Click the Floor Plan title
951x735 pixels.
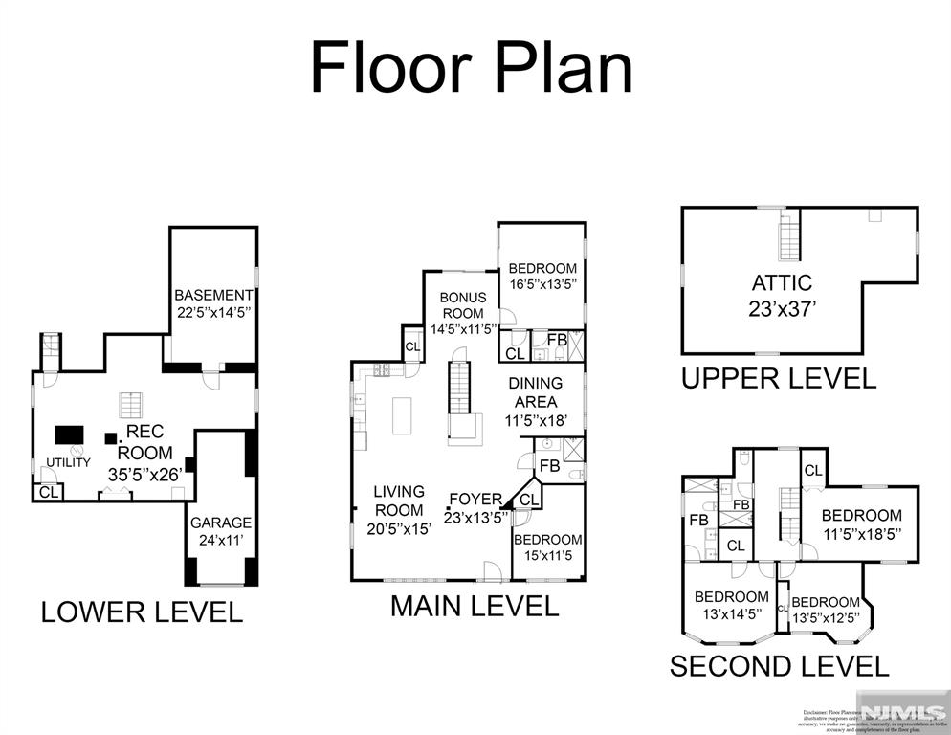point(472,69)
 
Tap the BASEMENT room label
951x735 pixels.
point(213,304)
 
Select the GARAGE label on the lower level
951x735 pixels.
point(220,531)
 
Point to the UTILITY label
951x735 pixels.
point(69,462)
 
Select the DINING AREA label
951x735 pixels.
point(534,401)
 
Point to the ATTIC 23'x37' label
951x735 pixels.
point(782,295)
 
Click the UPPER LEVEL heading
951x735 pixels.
point(778,378)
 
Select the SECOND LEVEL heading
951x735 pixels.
point(779,666)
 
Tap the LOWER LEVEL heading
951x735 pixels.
point(142,612)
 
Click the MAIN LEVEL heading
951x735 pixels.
point(475,606)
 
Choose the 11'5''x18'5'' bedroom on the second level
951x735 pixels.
point(861,523)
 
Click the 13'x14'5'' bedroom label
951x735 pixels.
point(731,605)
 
